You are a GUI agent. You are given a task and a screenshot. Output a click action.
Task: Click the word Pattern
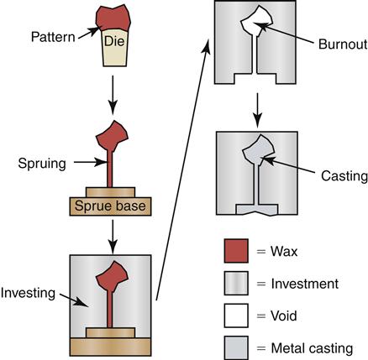coord(53,37)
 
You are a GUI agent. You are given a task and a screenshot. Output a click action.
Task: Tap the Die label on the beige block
coord(114,41)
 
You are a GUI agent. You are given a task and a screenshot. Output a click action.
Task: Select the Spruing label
coord(42,164)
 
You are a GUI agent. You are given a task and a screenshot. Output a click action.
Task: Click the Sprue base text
coord(110,206)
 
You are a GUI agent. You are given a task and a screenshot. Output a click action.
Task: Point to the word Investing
coord(28,294)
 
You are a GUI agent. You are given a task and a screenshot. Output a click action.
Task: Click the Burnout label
coord(343,44)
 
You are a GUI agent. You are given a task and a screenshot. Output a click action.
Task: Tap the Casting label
coord(344,176)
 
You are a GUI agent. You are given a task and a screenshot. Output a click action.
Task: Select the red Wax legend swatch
coord(236,251)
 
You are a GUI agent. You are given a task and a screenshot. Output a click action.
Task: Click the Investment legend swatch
coord(236,283)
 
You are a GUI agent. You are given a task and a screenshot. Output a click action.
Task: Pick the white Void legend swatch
coord(236,316)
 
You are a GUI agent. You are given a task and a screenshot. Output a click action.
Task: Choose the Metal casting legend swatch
coord(236,347)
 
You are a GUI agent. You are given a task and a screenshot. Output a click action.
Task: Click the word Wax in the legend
coord(284,252)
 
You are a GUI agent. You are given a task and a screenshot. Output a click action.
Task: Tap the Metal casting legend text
coord(312,348)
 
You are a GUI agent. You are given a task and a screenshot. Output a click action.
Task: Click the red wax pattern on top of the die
coord(113,18)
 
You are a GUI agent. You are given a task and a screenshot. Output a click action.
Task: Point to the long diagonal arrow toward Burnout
coord(182,170)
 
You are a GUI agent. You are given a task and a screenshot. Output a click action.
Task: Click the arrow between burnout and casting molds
coord(257,110)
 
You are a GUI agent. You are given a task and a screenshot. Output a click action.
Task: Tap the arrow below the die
coord(113,95)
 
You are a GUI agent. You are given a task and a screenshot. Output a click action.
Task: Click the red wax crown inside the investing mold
coord(112,276)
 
